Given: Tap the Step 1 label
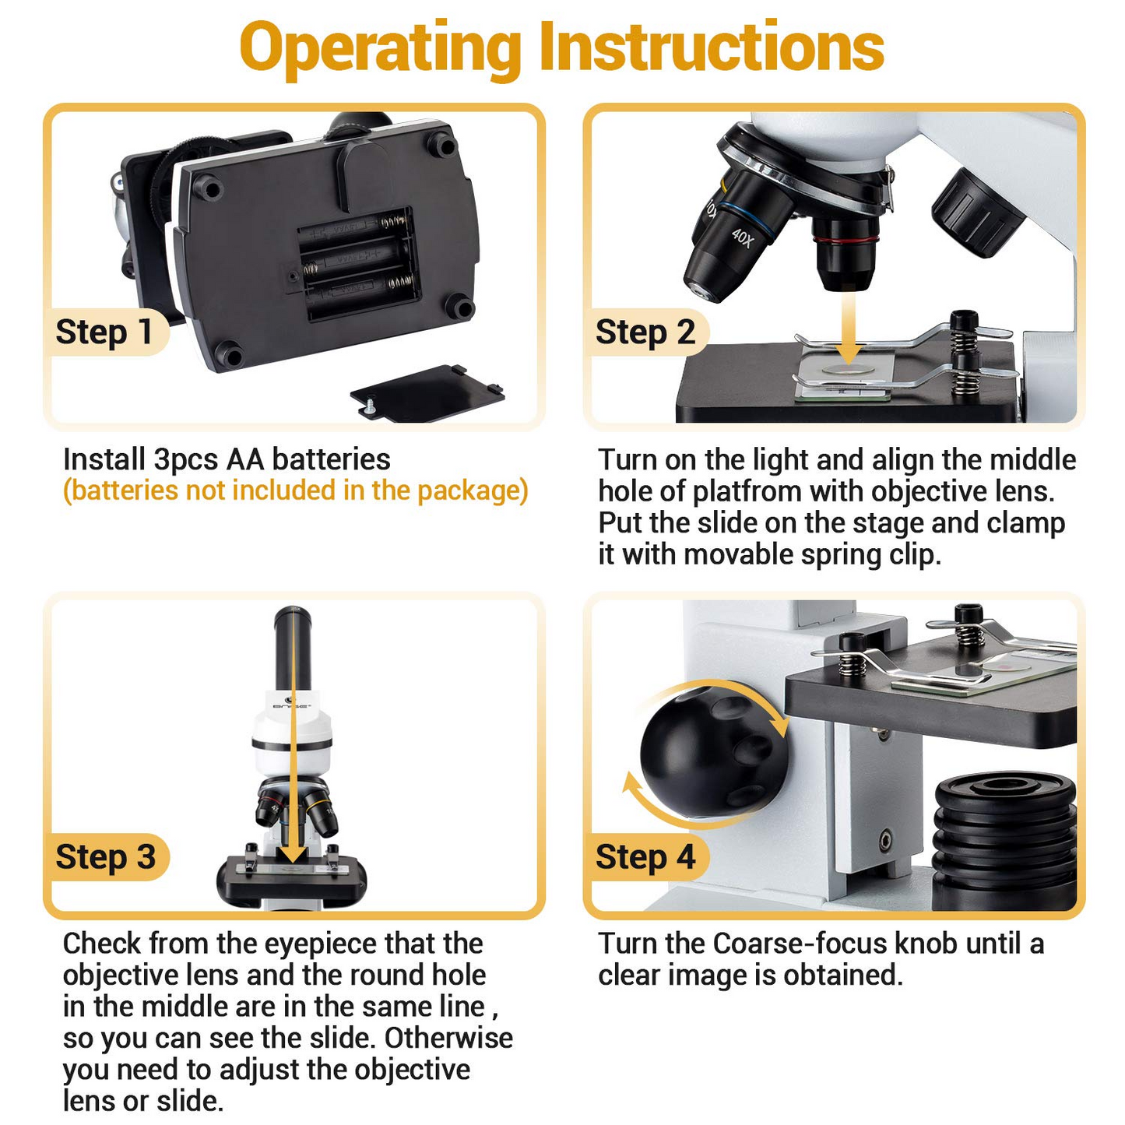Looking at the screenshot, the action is click(104, 332).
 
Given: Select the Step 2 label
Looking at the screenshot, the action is click(645, 332).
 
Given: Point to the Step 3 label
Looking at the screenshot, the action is click(106, 857).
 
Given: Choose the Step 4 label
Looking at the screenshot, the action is click(645, 857).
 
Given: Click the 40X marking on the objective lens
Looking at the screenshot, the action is click(743, 237).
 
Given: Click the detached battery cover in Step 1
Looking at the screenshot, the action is click(427, 392).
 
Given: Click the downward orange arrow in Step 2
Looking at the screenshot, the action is click(848, 327).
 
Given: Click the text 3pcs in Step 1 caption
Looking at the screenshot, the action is click(185, 460).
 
